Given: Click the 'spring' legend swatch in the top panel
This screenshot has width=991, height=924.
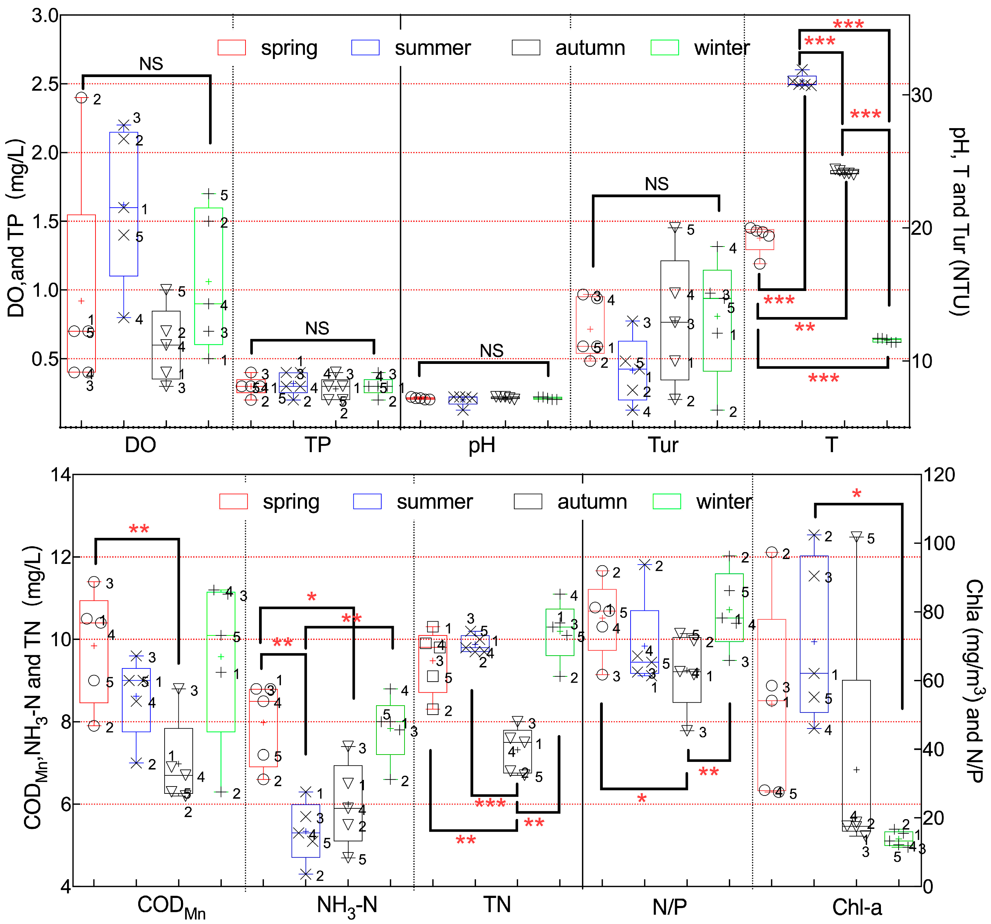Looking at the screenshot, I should pos(232,48).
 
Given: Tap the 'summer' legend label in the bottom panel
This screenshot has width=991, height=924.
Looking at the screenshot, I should pos(434,502).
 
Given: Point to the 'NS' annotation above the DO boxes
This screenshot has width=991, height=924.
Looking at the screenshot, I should pos(151,64).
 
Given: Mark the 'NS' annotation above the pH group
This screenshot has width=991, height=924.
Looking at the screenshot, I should pos(492,350).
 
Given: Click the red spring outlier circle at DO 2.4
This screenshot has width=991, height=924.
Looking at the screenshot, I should pos(81,98).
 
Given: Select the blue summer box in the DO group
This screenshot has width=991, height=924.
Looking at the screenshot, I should pos(124,204).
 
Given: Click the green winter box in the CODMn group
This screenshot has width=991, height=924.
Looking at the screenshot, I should pos(221,662).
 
